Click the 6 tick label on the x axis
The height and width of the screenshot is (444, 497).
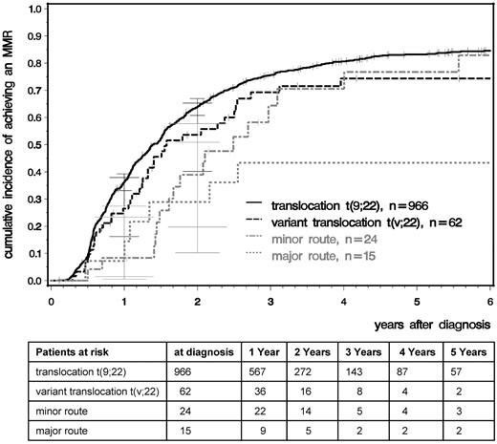[490, 297]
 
